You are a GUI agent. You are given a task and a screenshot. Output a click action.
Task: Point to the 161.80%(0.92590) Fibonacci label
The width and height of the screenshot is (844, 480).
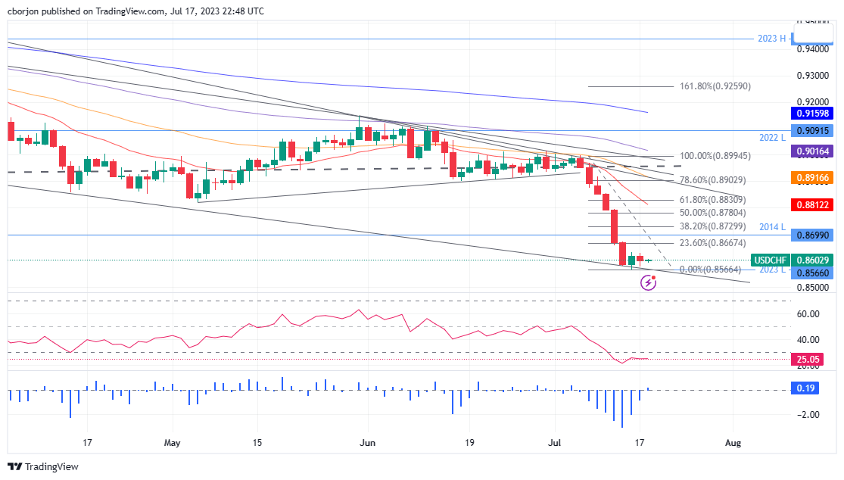(x=704, y=86)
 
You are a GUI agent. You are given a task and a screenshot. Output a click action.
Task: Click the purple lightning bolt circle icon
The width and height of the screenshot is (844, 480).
(x=648, y=282)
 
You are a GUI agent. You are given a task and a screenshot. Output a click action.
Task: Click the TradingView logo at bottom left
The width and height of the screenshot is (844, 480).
(x=43, y=467)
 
